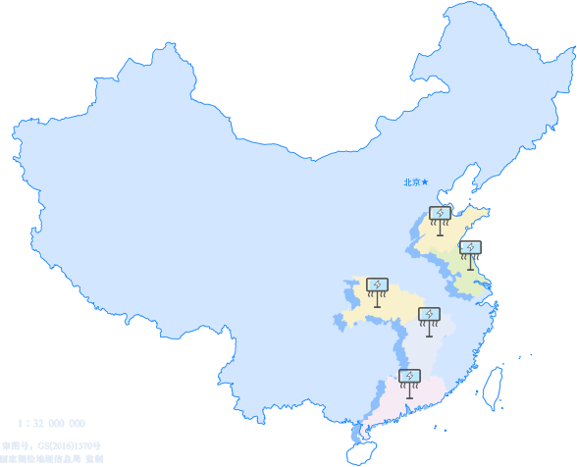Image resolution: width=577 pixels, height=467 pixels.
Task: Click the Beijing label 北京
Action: click(x=412, y=182)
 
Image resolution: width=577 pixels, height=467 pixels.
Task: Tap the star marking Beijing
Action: click(x=425, y=182)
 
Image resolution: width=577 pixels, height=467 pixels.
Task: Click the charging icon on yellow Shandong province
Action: click(x=441, y=214)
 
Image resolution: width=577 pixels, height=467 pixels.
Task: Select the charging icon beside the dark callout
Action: click(x=470, y=249)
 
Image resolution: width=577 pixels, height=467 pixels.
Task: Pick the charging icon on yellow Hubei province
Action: click(x=377, y=285)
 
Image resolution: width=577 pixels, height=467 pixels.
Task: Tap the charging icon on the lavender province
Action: click(x=429, y=315)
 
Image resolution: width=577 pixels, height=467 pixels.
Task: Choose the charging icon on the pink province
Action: click(x=410, y=377)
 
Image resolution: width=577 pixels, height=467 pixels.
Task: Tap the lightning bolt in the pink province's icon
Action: click(x=410, y=376)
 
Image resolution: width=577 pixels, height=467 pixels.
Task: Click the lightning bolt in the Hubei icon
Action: click(x=377, y=285)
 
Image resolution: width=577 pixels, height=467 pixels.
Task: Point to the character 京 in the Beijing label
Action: click(x=416, y=182)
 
